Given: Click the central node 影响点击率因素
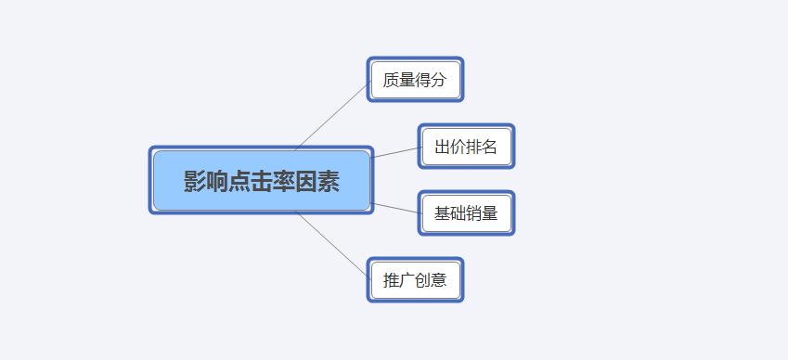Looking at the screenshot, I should [x=261, y=181].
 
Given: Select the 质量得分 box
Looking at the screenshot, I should [x=414, y=80].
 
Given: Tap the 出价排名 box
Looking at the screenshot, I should [x=465, y=147].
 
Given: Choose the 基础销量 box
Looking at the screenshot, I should [x=465, y=213].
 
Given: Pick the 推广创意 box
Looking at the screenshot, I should [x=414, y=279].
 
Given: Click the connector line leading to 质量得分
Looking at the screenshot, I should [x=332, y=116].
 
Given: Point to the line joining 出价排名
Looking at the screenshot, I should [x=395, y=152].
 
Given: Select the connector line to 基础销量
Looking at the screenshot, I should [x=395, y=208].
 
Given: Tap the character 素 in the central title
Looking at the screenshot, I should [x=329, y=182].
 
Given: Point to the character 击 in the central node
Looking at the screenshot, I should [x=262, y=182].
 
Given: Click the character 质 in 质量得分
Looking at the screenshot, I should [x=391, y=80].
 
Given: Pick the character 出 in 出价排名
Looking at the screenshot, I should [x=442, y=147].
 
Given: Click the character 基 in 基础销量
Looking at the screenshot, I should [x=442, y=213].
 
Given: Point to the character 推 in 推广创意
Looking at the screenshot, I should [x=391, y=280].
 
